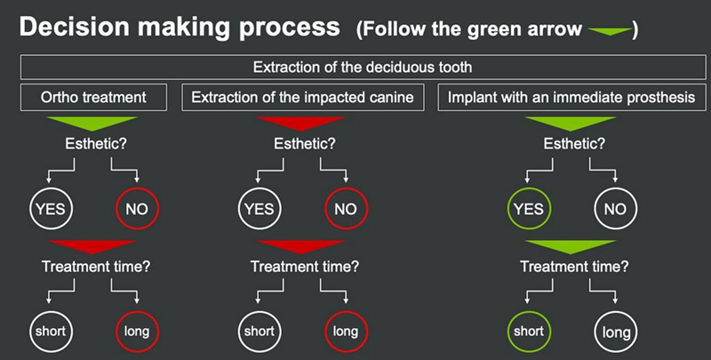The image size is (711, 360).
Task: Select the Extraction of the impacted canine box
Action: click(x=302, y=98)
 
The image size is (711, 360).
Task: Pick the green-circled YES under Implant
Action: click(x=529, y=211)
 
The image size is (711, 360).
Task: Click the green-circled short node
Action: click(x=529, y=332)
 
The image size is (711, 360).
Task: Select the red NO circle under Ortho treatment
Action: click(x=137, y=211)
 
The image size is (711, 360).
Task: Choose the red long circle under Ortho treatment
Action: click(x=137, y=332)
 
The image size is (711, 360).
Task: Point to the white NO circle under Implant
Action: click(x=614, y=211)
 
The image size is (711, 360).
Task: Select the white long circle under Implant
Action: click(x=614, y=332)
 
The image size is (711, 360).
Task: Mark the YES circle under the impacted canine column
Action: click(x=259, y=211)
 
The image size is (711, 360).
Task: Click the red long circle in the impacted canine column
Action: click(x=345, y=332)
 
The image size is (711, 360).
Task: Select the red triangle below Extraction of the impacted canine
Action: click(x=302, y=122)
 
